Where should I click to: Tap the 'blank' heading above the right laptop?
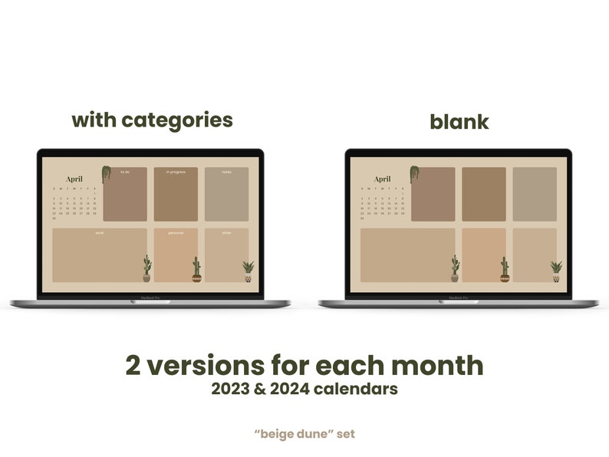pyautogui.click(x=459, y=121)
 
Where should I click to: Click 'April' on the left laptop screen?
pyautogui.click(x=74, y=179)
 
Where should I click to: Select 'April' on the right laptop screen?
pyautogui.click(x=382, y=179)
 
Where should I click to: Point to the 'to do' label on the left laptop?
pyautogui.click(x=125, y=172)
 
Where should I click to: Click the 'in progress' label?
pyautogui.click(x=176, y=172)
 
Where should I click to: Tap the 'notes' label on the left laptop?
pyautogui.click(x=226, y=172)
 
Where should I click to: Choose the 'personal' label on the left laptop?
pyautogui.click(x=176, y=232)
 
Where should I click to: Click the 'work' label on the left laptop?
pyautogui.click(x=100, y=232)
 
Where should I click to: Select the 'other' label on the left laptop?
pyautogui.click(x=226, y=232)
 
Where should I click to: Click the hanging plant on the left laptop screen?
pyautogui.click(x=106, y=174)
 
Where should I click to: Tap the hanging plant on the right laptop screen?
pyautogui.click(x=414, y=173)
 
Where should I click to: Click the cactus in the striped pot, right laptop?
pyautogui.click(x=505, y=269)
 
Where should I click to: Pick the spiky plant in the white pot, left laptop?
pyautogui.click(x=248, y=271)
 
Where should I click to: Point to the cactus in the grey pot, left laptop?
pyautogui.click(x=146, y=268)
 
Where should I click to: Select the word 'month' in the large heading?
pyautogui.click(x=440, y=365)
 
